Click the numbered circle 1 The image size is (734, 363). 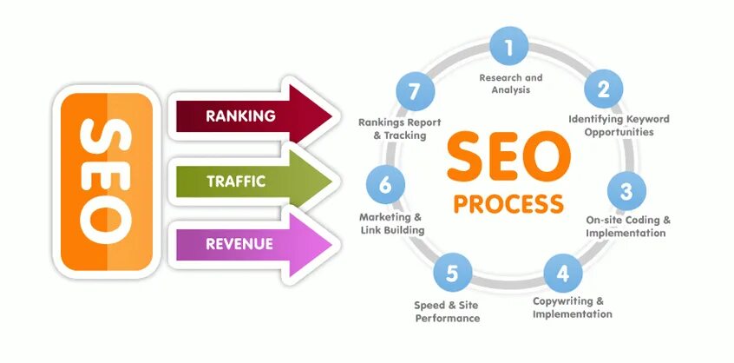click(510, 46)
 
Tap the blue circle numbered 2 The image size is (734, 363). click(605, 88)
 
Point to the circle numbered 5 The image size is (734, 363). click(452, 274)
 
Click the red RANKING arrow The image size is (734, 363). click(252, 115)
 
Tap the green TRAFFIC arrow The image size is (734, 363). click(252, 181)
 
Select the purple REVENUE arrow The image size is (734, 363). click(252, 244)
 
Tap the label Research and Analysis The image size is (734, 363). click(511, 83)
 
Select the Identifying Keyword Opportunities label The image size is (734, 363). click(619, 125)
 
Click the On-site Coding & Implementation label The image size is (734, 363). click(628, 226)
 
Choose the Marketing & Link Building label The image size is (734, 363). click(392, 222)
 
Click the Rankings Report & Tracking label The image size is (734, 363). click(393, 129)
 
